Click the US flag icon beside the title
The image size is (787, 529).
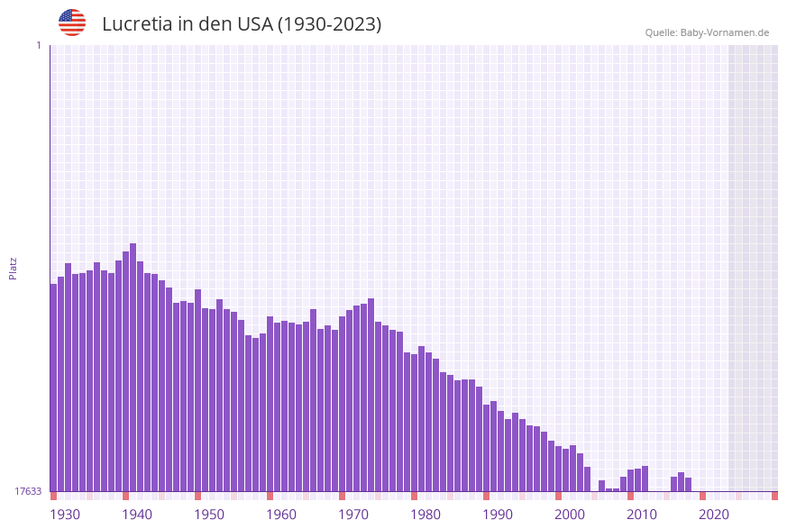pyautogui.click(x=72, y=23)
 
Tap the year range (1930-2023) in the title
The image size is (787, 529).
pyautogui.click(x=329, y=24)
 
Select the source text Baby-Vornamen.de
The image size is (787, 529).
pyautogui.click(x=725, y=32)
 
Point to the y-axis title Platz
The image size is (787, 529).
pyautogui.click(x=14, y=268)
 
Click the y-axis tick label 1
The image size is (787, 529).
pyautogui.click(x=38, y=45)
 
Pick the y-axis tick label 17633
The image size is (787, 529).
pyautogui.click(x=28, y=491)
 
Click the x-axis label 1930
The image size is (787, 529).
pyautogui.click(x=64, y=515)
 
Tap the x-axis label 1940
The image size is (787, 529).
pyautogui.click(x=136, y=515)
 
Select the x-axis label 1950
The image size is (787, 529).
pyautogui.click(x=208, y=515)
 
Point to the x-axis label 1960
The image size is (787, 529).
pyautogui.click(x=280, y=515)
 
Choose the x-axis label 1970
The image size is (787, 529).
pyautogui.click(x=352, y=515)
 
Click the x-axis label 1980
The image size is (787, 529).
pyautogui.click(x=425, y=515)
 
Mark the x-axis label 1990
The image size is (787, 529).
pyautogui.click(x=497, y=515)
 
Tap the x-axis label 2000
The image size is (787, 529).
pyautogui.click(x=569, y=515)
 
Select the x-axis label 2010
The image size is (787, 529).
pyautogui.click(x=641, y=515)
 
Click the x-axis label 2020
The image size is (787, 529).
pyautogui.click(x=713, y=515)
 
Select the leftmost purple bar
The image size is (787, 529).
pyautogui.click(x=54, y=388)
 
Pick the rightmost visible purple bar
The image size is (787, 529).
pyautogui.click(x=689, y=485)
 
